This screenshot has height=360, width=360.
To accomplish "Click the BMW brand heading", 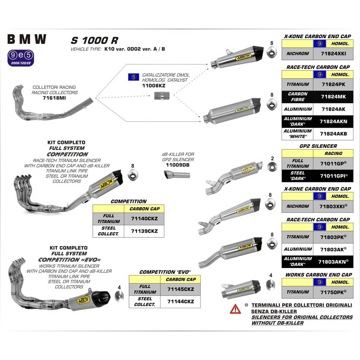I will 27,39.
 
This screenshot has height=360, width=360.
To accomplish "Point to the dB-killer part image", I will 177,175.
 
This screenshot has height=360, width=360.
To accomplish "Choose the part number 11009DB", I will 178,165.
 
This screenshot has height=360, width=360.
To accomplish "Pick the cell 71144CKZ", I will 181,301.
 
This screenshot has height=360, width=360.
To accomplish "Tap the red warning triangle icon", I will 235,309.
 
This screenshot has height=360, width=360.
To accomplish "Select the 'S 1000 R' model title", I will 94,40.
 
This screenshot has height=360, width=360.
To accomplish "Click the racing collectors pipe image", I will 50,104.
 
